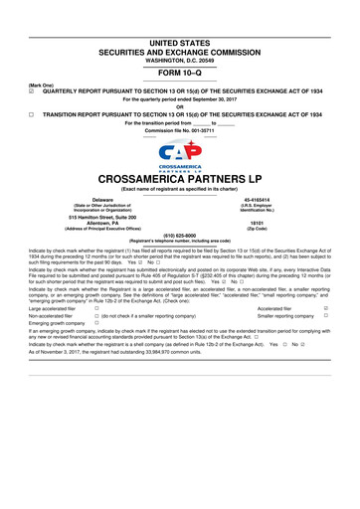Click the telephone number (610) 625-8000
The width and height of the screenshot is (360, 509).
tap(180, 264)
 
